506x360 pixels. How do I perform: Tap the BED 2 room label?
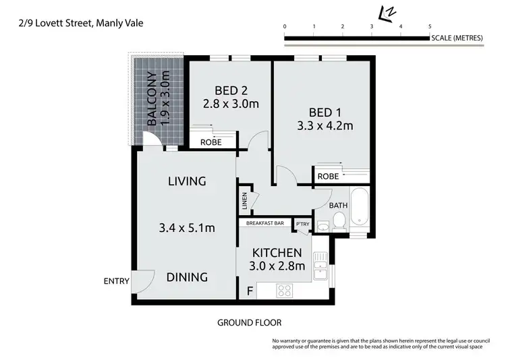[231, 90]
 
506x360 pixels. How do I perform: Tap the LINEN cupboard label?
[244, 200]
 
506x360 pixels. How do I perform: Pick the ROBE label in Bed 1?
[328, 176]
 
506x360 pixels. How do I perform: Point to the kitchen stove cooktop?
[285, 291]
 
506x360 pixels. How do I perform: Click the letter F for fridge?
[250, 291]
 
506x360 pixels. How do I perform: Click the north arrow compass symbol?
[387, 13]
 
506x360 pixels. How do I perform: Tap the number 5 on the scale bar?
[430, 26]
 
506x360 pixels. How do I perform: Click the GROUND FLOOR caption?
[249, 322]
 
